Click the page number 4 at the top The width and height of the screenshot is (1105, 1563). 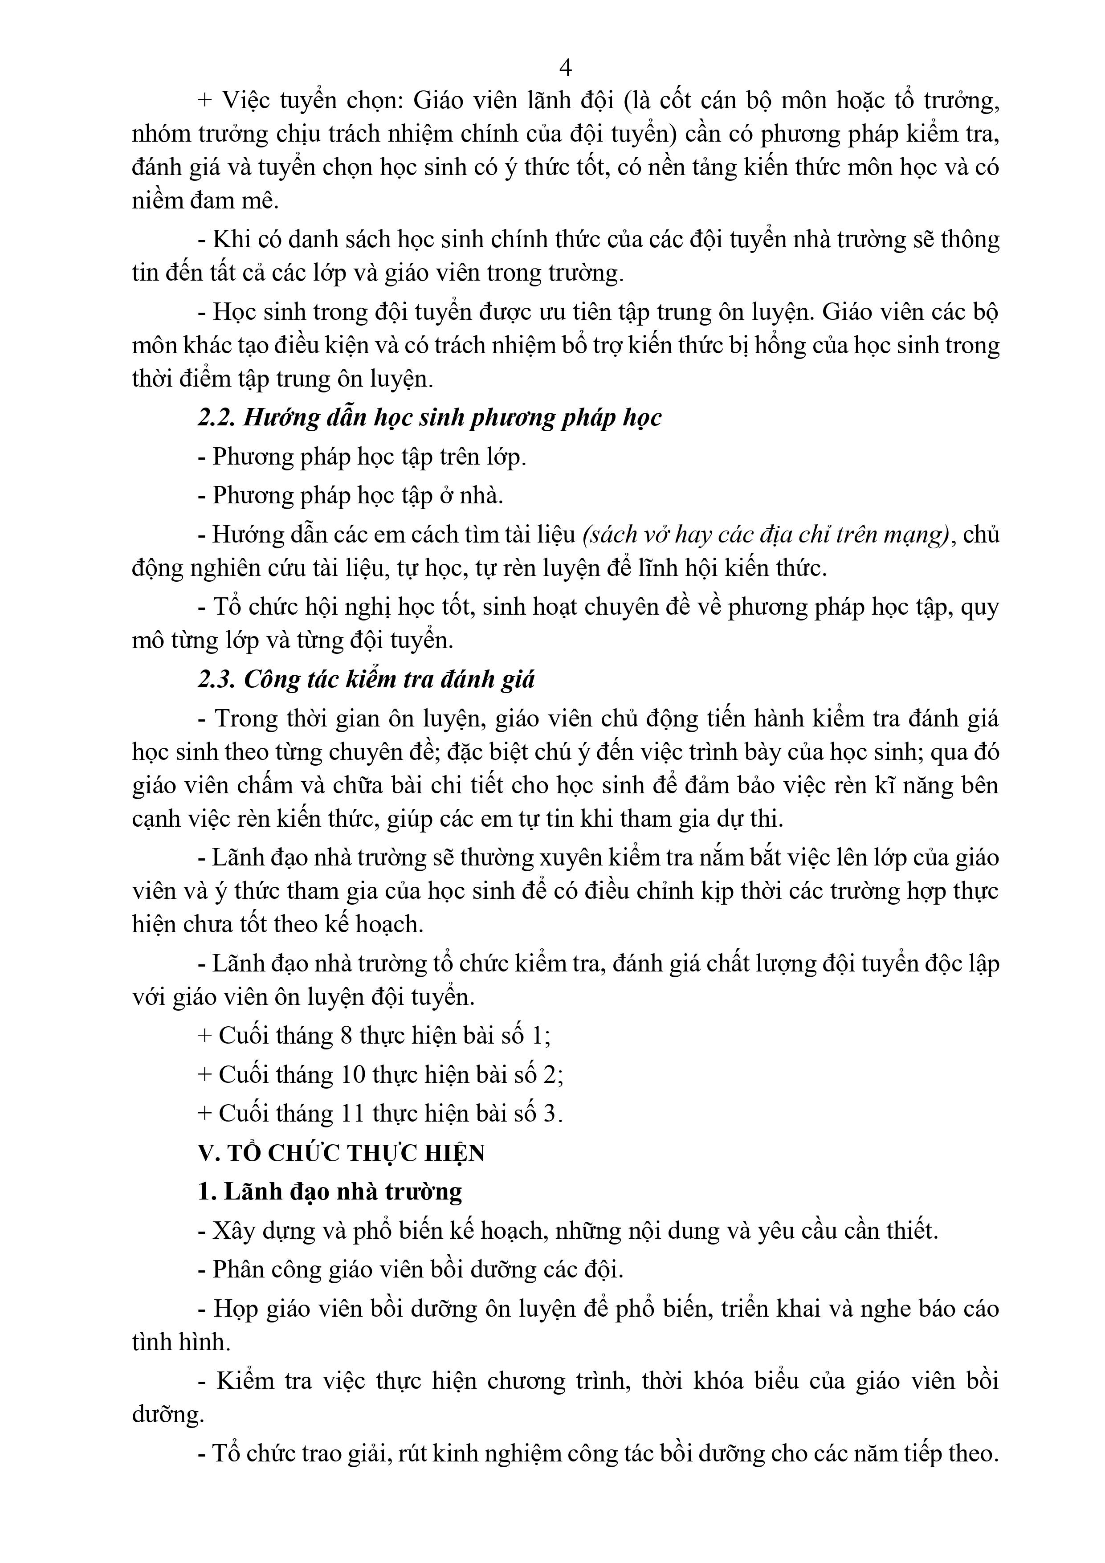click(x=564, y=67)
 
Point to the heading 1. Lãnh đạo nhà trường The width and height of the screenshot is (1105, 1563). click(x=330, y=1192)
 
